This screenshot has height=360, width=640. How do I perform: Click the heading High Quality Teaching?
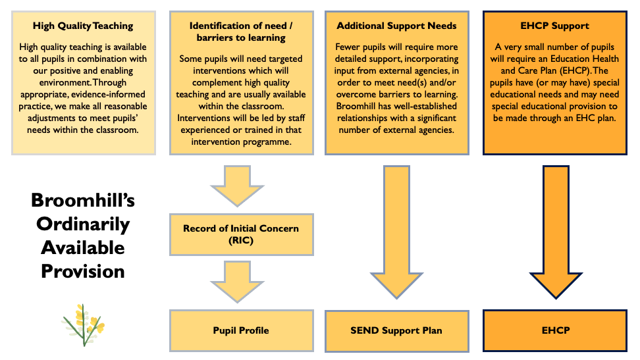click(83, 26)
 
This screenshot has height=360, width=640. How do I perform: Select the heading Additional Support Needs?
click(396, 26)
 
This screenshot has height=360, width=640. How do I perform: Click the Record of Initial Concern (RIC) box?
click(240, 234)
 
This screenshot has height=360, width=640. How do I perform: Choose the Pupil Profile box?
click(240, 330)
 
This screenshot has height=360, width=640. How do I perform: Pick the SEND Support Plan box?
click(396, 330)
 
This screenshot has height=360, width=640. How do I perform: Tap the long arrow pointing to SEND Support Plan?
click(396, 230)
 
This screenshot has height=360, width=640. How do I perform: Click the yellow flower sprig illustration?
click(82, 324)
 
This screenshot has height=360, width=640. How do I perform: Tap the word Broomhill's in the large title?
click(83, 199)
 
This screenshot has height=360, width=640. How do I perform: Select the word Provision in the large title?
click(83, 270)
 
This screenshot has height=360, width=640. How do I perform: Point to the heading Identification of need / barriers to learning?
click(240, 32)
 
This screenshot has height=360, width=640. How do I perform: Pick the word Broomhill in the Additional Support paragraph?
click(360, 118)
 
